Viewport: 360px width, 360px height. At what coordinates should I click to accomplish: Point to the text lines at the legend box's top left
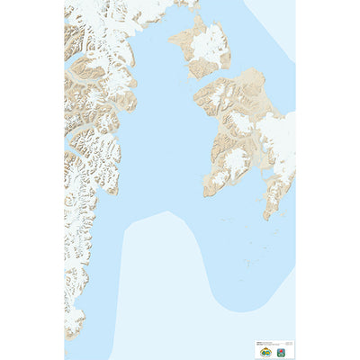(262, 342)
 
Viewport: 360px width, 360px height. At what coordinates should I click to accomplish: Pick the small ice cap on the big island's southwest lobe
(236, 162)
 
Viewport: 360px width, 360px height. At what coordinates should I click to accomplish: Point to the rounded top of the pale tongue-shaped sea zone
(166, 213)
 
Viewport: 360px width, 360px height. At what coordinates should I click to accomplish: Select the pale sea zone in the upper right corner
(274, 22)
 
